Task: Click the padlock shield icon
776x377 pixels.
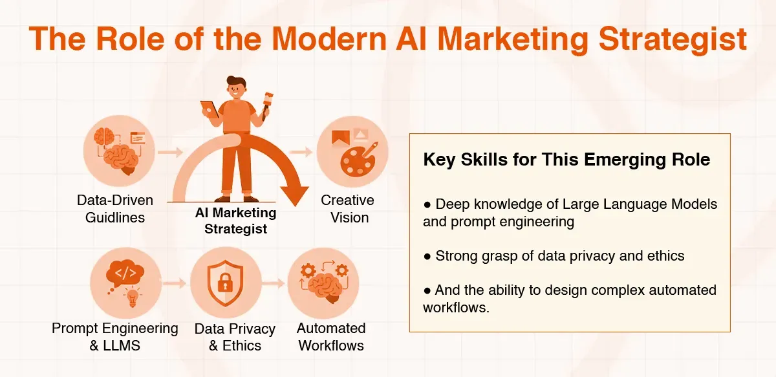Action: coord(225,283)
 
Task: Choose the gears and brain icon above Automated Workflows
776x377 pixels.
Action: coord(323,282)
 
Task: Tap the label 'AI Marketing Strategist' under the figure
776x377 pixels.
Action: coord(235,221)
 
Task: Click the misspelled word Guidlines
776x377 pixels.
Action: coord(116,217)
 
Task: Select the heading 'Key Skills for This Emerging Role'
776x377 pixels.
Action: coord(566,160)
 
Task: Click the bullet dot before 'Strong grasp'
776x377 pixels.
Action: coord(427,257)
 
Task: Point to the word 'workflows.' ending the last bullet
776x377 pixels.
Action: coord(456,307)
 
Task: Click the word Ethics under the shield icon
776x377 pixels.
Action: coord(241,345)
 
